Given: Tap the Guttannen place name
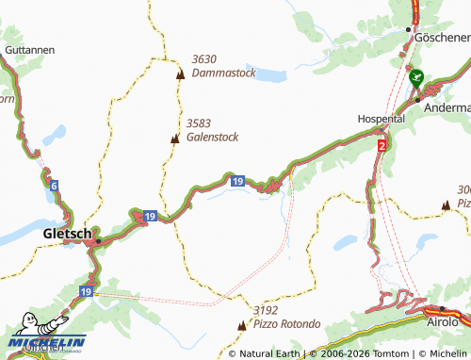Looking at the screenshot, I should (x=28, y=50).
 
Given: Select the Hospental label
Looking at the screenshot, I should (x=381, y=120).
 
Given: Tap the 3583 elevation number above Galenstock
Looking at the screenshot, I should (x=199, y=123).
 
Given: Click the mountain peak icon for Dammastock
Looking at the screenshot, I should (x=179, y=73).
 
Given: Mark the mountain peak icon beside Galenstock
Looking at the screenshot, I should (x=174, y=139).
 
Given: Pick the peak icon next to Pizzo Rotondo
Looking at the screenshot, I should (x=241, y=324).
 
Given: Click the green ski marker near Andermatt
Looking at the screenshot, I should (x=416, y=81).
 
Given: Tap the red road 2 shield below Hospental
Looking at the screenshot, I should (x=382, y=146).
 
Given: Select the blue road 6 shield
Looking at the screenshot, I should (x=54, y=187).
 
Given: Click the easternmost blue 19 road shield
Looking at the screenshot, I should (x=237, y=180).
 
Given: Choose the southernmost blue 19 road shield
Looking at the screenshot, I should (x=88, y=292).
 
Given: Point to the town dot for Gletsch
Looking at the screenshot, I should (x=98, y=239).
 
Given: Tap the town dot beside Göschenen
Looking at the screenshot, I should (x=408, y=29).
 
